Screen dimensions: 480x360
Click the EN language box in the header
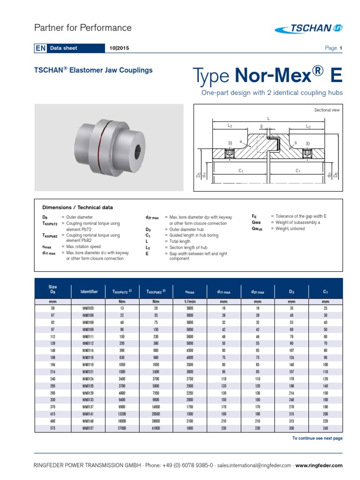pos(39,48)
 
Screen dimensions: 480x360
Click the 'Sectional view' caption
pos(326,110)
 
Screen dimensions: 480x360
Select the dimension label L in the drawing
pos(269,119)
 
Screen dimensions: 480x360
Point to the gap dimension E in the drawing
pos(262,127)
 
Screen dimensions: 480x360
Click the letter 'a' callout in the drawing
pos(240,141)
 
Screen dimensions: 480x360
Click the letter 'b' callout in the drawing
pos(296,142)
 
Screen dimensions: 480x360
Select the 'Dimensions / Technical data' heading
pos(77,207)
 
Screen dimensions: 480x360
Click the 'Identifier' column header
pos(89,292)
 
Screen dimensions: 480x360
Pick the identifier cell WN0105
pos(88,308)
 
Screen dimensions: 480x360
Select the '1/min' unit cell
pos(189,302)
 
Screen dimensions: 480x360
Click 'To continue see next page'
pos(317,438)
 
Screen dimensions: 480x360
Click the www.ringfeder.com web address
pos(319,465)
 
